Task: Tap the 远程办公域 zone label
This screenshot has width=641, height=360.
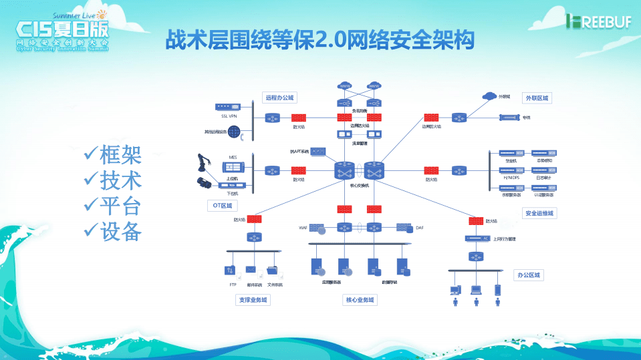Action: (x=280, y=98)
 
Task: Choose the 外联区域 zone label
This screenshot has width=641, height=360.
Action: (x=536, y=98)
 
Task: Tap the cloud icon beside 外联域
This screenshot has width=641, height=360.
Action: (x=489, y=97)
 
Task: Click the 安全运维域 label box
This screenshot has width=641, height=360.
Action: (x=540, y=213)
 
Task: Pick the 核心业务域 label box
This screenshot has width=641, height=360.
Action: (x=360, y=300)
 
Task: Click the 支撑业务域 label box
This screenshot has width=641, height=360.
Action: (x=253, y=300)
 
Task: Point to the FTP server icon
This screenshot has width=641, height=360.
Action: (x=229, y=271)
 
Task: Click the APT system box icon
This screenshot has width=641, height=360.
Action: (x=318, y=152)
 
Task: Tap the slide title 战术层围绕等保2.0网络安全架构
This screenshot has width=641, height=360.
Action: (x=320, y=40)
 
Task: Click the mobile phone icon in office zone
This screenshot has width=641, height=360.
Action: (x=497, y=290)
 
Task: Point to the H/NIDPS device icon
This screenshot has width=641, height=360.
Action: (x=511, y=170)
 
